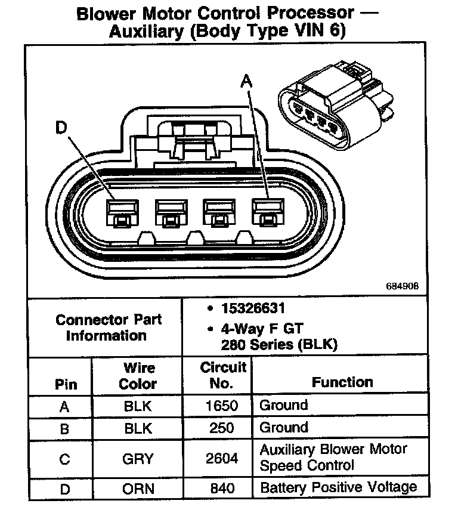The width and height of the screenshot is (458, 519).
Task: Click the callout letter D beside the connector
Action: pyautogui.click(x=61, y=128)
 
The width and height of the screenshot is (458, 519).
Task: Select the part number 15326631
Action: pyautogui.click(x=253, y=309)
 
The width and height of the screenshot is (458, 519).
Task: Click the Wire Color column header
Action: pyautogui.click(x=138, y=376)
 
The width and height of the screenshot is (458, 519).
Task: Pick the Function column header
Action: pyautogui.click(x=342, y=382)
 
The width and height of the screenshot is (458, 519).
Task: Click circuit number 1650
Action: pyautogui.click(x=222, y=406)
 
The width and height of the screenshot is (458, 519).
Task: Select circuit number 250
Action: pyautogui.click(x=222, y=428)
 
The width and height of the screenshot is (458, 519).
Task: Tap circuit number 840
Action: pyautogui.click(x=222, y=488)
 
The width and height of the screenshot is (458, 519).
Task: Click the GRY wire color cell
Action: pyautogui.click(x=138, y=458)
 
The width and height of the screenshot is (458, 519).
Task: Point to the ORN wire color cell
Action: pyautogui.click(x=138, y=488)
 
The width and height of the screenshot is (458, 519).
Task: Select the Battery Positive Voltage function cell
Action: pyautogui.click(x=338, y=487)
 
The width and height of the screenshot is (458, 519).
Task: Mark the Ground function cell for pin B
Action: pyautogui.click(x=284, y=427)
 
